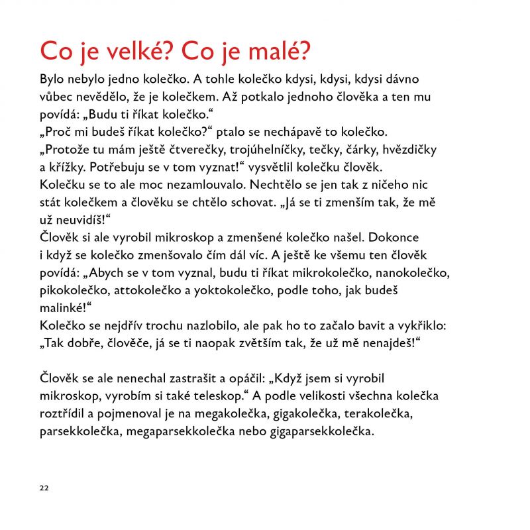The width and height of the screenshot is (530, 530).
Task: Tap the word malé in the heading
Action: [280, 51]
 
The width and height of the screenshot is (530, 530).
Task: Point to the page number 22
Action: [44, 488]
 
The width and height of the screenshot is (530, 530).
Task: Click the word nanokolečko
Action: [413, 272]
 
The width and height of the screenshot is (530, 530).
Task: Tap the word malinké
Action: [62, 307]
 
